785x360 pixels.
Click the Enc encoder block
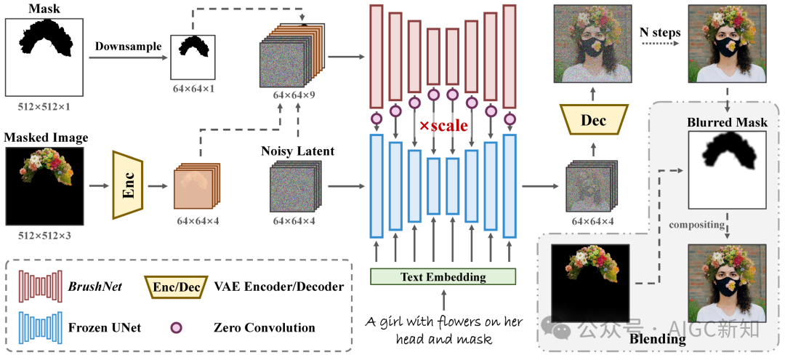[128, 185]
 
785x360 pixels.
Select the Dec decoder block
[593, 121]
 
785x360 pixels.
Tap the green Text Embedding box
[443, 276]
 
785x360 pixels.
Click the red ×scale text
[443, 126]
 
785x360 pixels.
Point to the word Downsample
[129, 47]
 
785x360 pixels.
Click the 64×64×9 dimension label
[294, 94]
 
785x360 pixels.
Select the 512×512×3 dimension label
[44, 233]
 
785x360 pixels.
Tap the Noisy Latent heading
[297, 151]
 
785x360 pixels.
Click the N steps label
[660, 33]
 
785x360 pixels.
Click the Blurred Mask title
[727, 123]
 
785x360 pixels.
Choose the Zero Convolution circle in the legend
[176, 328]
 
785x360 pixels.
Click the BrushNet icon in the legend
[40, 287]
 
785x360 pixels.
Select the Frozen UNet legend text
[105, 328]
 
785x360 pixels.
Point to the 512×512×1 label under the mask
[44, 106]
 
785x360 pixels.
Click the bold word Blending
[657, 339]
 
